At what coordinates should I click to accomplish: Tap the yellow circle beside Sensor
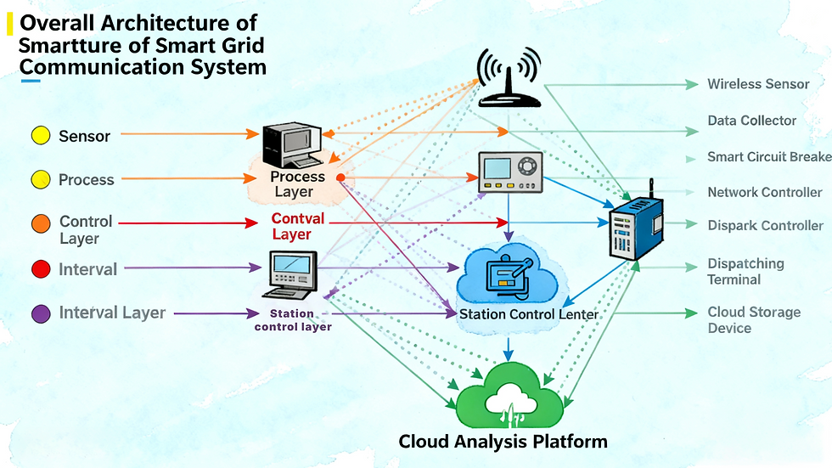tap(40, 135)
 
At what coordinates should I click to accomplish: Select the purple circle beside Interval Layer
tap(40, 313)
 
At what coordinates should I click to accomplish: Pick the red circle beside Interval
tap(40, 269)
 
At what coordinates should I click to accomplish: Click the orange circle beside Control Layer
tap(40, 223)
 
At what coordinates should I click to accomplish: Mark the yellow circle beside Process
tap(40, 179)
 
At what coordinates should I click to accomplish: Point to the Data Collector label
tap(752, 121)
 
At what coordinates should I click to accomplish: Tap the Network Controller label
tap(765, 193)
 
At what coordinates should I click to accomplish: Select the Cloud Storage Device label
tap(754, 319)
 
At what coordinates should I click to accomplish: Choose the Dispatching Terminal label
tap(745, 272)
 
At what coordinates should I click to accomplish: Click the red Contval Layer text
tap(298, 226)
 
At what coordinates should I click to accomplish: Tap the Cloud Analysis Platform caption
tap(503, 442)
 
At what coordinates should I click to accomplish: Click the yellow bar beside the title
tap(9, 24)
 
